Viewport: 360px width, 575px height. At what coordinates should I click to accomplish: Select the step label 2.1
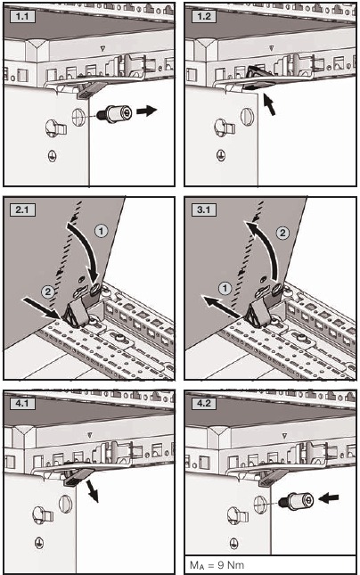click(x=21, y=210)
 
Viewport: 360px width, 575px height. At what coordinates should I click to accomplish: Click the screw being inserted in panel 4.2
click(x=295, y=502)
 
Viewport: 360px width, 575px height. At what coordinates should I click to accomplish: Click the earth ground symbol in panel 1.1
click(x=49, y=153)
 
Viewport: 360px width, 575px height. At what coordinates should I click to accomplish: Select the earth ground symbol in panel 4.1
click(x=38, y=542)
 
